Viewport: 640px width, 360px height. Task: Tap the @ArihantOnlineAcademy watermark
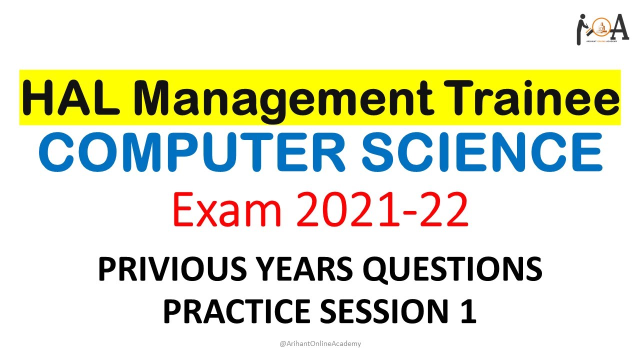click(320, 343)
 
